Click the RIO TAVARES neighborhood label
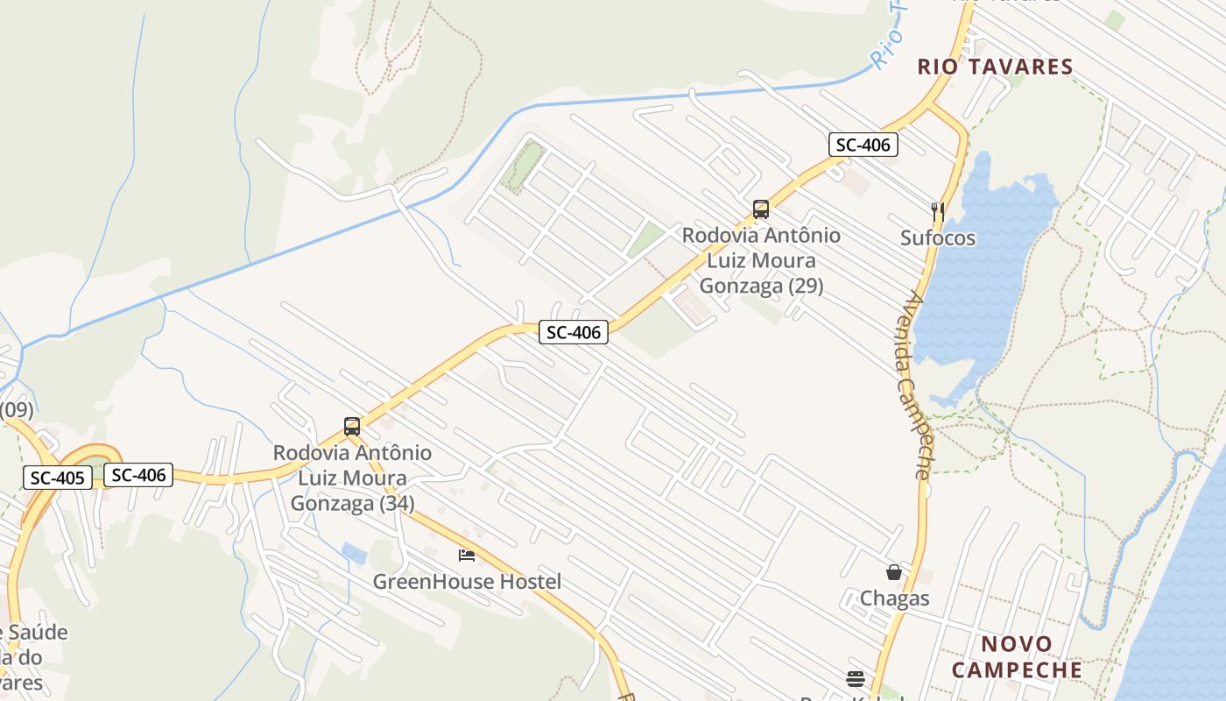click(x=995, y=67)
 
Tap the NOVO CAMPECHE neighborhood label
click(x=1017, y=657)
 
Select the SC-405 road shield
click(x=57, y=478)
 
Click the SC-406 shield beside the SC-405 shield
click(x=138, y=475)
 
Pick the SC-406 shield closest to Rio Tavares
click(x=863, y=145)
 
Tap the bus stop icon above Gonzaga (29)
click(x=761, y=209)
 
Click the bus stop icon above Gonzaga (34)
click(x=352, y=427)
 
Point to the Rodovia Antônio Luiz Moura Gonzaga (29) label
click(x=761, y=260)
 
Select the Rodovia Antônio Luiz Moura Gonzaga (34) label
click(x=352, y=478)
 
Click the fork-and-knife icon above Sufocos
click(x=938, y=210)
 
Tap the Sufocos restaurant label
click(x=938, y=237)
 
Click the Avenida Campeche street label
click(x=912, y=386)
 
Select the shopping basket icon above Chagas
click(x=894, y=572)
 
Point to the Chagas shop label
click(x=894, y=598)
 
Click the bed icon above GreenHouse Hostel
click(x=467, y=555)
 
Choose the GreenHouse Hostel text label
click(x=467, y=581)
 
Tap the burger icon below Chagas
click(x=856, y=678)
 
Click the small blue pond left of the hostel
click(x=355, y=553)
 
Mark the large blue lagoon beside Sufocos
click(x=981, y=280)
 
